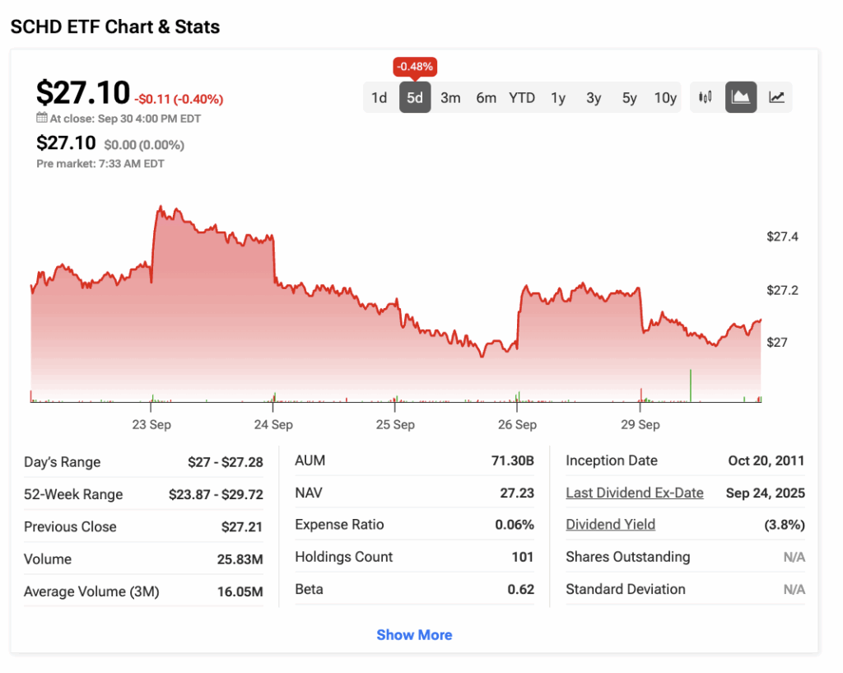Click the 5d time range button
point(415,98)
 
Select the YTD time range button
point(522,98)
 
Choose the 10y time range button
point(665,98)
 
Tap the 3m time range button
point(450,98)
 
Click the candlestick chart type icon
point(706,97)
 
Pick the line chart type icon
point(776,97)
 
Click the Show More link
point(414,635)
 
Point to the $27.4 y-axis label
point(783,237)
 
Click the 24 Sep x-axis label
point(273,425)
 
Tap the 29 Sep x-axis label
point(640,425)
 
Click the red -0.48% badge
point(415,66)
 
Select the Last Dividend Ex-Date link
point(635,493)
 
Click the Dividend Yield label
point(611,525)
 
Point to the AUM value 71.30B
point(513,460)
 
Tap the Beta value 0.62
point(520,590)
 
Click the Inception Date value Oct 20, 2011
point(766,460)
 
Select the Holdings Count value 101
point(523,558)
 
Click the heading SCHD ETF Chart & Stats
point(115,27)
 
